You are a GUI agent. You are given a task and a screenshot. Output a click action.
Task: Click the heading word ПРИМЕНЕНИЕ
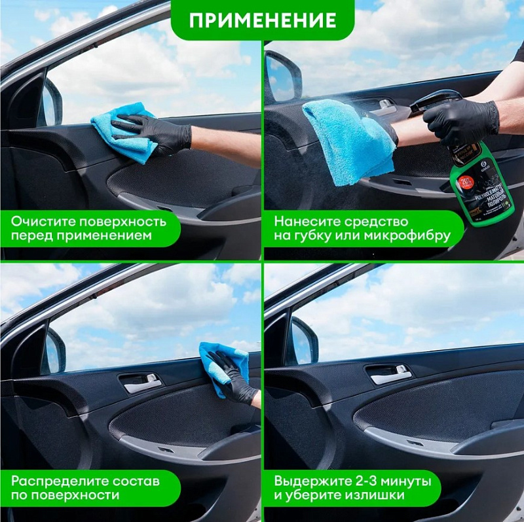coord(262,20)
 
